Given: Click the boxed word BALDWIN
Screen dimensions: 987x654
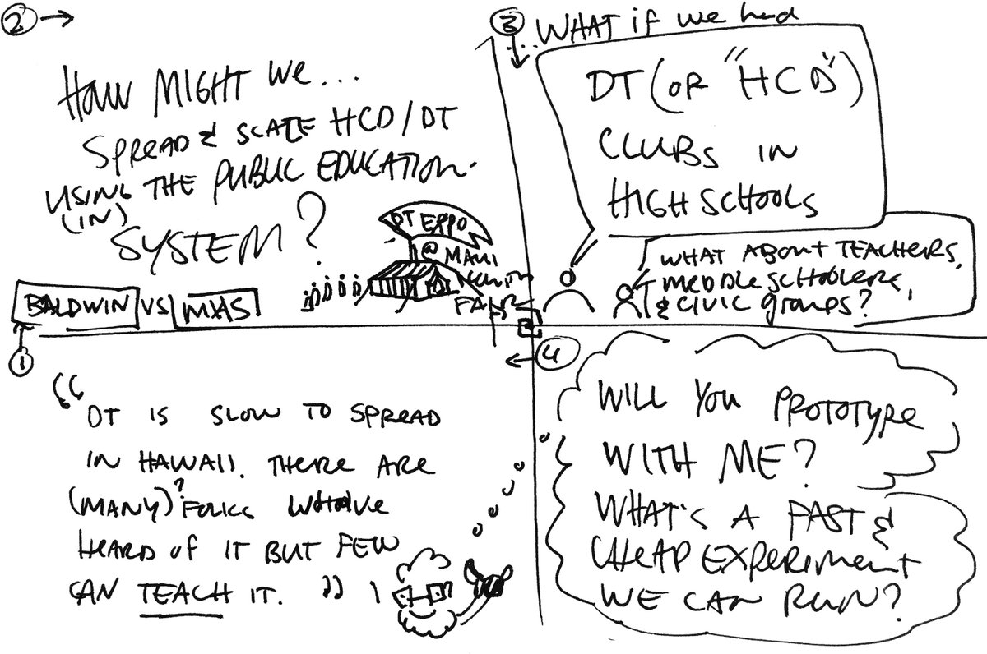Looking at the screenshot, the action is tap(72, 307).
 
